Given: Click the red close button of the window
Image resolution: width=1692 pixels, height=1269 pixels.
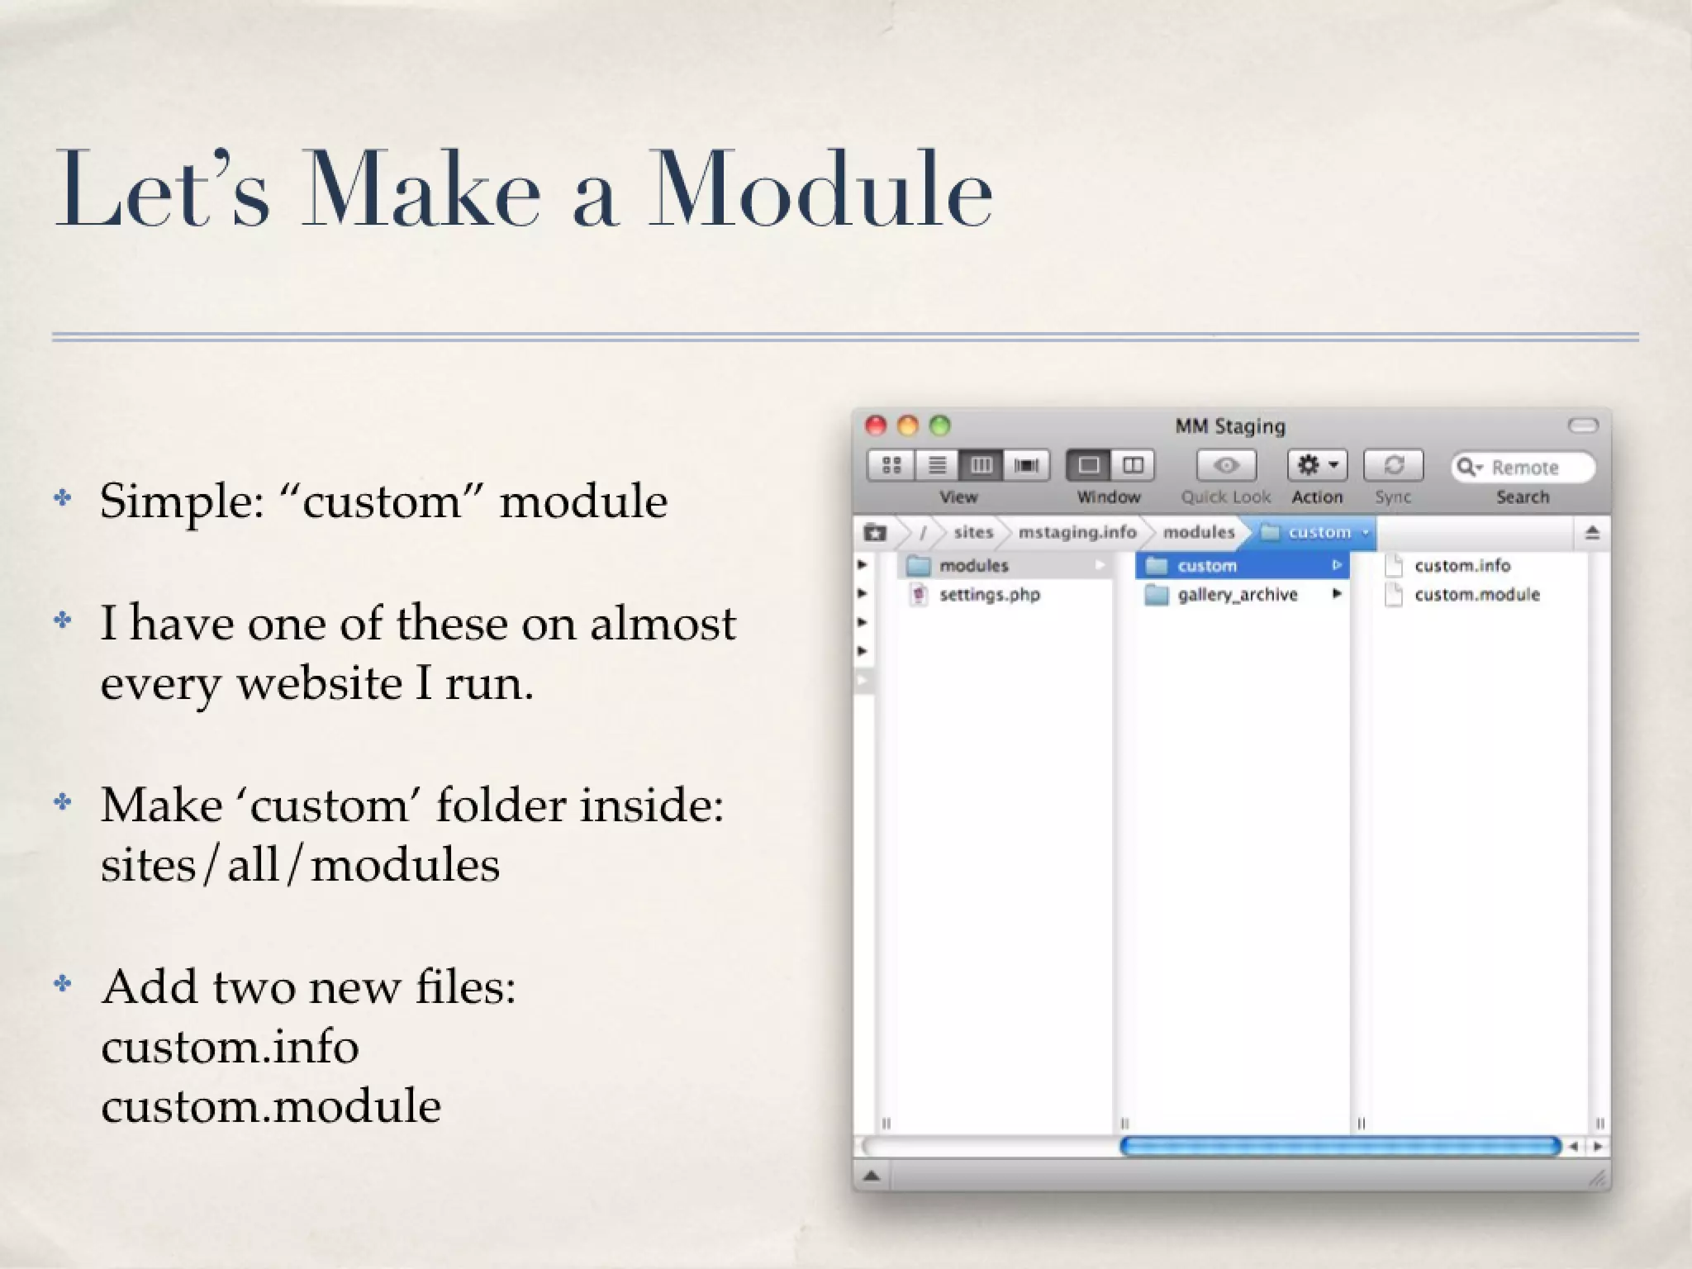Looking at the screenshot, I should (x=876, y=425).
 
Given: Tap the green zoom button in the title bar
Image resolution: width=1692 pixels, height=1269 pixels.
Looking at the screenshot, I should (x=939, y=425).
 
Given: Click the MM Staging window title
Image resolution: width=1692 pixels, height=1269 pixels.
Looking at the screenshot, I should (x=1230, y=426).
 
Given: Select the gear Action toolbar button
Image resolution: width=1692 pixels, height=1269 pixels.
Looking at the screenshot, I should (x=1317, y=466).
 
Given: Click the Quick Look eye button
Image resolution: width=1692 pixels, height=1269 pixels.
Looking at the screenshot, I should (x=1226, y=466).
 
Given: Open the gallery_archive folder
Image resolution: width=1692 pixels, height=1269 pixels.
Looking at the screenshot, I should (x=1237, y=595).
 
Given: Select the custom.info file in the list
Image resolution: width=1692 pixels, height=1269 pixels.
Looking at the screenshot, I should (x=1461, y=566).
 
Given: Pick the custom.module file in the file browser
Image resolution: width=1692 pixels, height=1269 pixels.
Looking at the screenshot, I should (x=1476, y=595).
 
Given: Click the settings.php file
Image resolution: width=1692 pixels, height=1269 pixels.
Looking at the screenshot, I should (x=989, y=595).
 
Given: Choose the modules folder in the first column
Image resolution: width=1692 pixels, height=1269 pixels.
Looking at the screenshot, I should (x=973, y=566).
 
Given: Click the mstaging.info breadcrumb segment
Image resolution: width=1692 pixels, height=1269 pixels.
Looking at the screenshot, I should (x=1077, y=532).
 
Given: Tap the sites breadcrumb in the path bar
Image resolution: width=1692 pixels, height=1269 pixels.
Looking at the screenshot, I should (x=973, y=532).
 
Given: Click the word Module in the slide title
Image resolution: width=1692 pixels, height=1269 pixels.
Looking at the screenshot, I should (x=820, y=190).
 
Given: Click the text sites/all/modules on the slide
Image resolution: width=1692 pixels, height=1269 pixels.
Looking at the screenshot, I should (x=300, y=865).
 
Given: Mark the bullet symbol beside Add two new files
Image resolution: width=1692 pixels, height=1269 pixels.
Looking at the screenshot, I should (x=63, y=984).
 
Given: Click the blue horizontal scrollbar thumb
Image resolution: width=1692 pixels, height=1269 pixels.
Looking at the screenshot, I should (x=1339, y=1146).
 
